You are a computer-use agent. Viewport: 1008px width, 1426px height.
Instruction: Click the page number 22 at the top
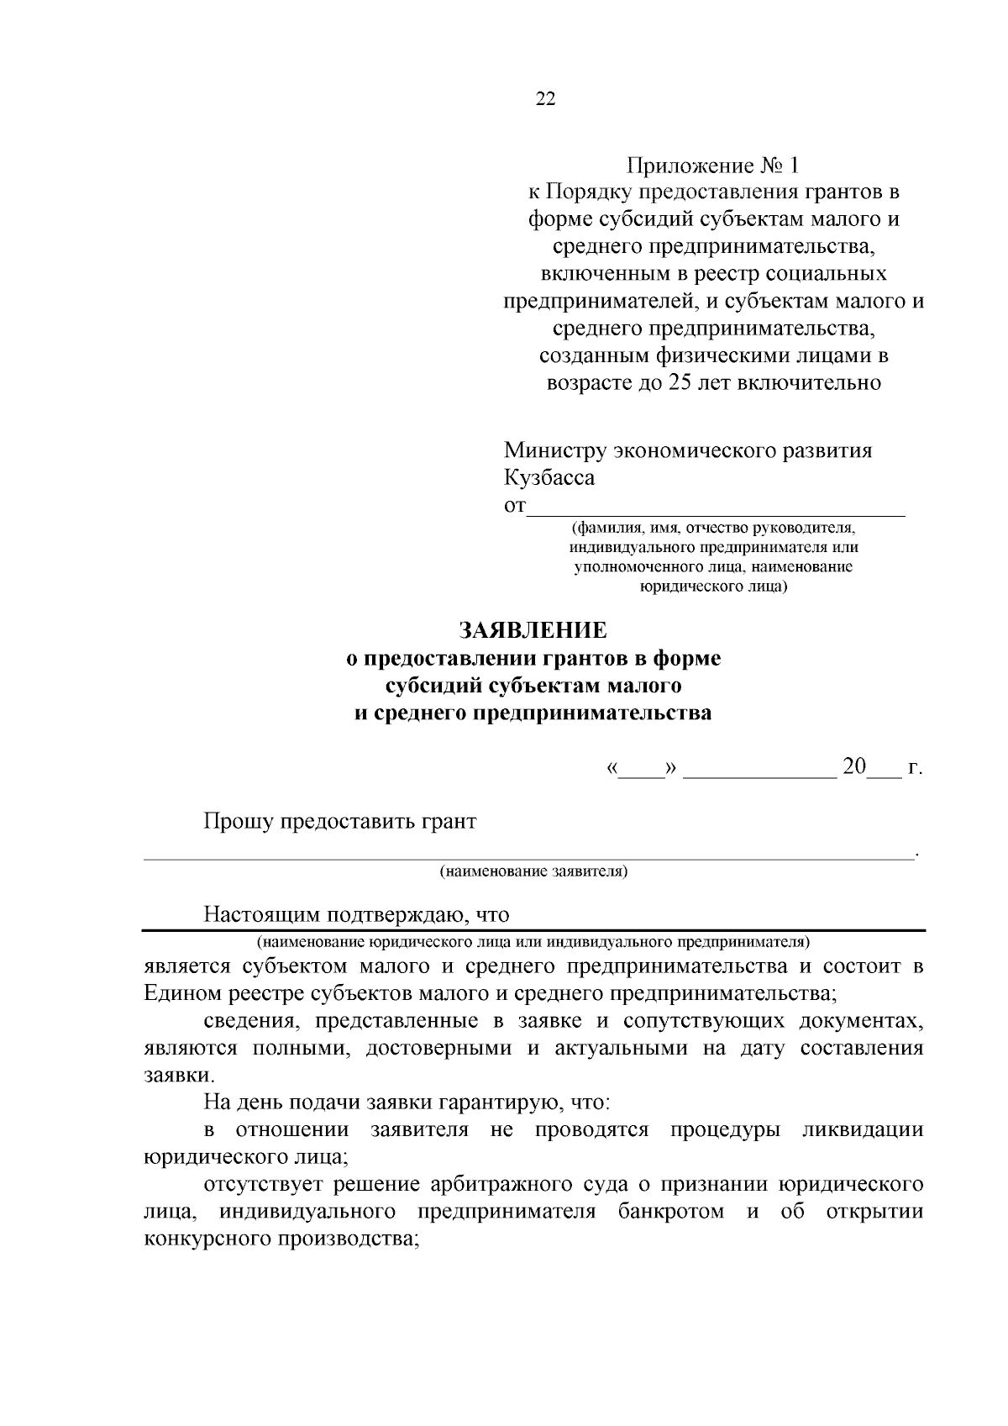[x=545, y=99]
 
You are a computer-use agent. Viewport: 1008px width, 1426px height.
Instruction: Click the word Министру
[x=554, y=450]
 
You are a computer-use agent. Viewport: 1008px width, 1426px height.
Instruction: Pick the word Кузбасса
[x=549, y=478]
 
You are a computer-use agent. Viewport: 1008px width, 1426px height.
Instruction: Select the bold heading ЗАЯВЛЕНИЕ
[x=532, y=630]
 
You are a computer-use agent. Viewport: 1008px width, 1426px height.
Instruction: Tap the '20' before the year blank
[x=853, y=767]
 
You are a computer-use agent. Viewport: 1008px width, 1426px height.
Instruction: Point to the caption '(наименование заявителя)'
[x=533, y=871]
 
